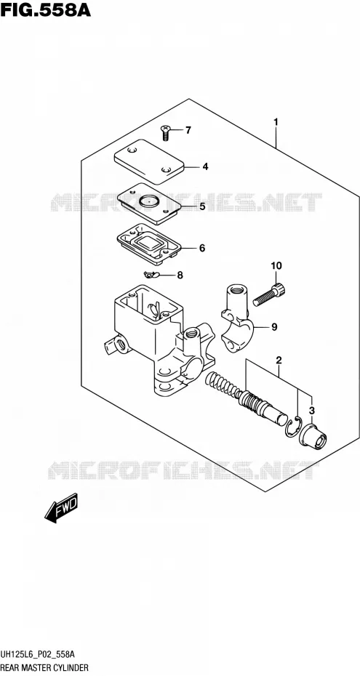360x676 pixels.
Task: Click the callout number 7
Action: (x=188, y=130)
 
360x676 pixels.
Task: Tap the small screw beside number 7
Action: (x=166, y=132)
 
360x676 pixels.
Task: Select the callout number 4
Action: (x=205, y=166)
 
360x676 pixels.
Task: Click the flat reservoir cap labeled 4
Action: (x=149, y=161)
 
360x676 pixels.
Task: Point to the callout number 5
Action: (x=201, y=206)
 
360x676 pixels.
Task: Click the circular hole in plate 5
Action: (x=149, y=200)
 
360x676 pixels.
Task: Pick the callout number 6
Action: (x=201, y=249)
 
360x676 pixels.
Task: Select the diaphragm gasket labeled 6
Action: (x=149, y=244)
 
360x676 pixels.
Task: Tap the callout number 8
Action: (x=180, y=275)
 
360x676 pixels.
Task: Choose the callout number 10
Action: (x=276, y=265)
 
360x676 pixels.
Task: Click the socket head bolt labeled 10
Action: (x=269, y=294)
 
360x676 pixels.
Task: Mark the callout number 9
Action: (x=274, y=328)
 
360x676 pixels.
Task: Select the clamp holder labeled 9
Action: (x=238, y=318)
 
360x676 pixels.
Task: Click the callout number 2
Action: (x=279, y=360)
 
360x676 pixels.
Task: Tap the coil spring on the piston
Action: (x=223, y=385)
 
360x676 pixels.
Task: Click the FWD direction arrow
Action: (x=61, y=508)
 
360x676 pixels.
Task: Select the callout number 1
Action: (x=276, y=122)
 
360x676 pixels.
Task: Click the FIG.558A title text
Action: (x=46, y=9)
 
